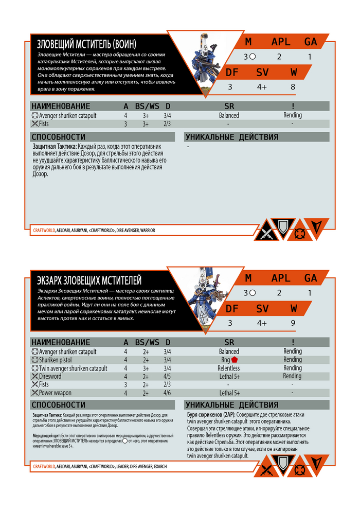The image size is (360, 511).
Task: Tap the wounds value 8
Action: [293, 87]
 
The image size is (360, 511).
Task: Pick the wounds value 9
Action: [293, 323]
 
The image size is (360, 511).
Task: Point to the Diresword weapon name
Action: [50, 376]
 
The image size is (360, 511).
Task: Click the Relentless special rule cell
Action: [229, 368]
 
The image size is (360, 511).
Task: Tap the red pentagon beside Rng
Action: [235, 360]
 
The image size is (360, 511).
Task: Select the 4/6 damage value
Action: [167, 393]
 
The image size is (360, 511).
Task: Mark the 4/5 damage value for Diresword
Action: [167, 376]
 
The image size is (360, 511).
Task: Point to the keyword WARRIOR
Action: [145, 231]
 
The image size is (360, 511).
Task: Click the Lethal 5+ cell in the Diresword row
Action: [229, 376]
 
